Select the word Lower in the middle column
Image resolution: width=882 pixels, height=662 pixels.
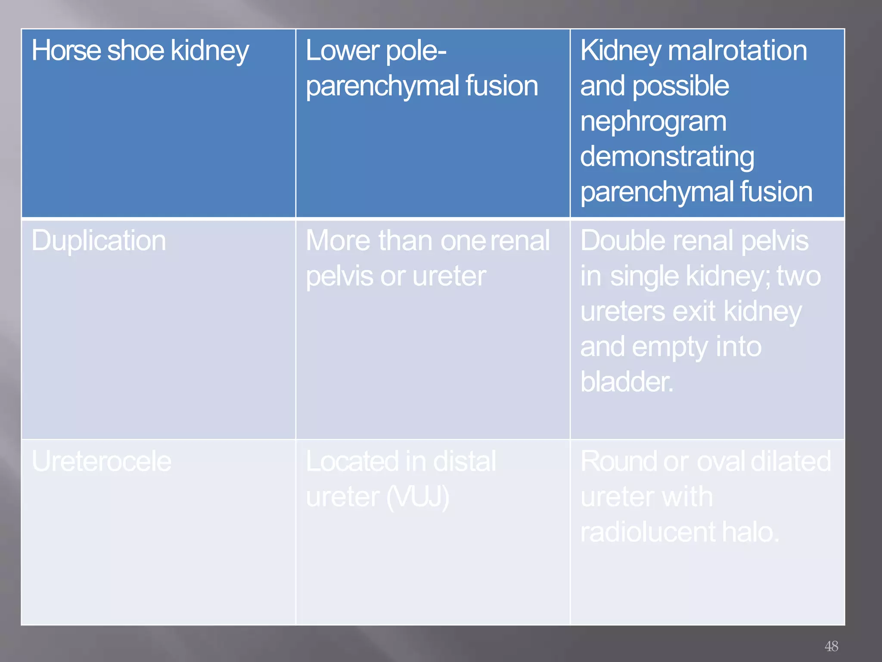pos(342,51)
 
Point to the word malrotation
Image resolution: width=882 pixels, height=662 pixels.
pos(737,51)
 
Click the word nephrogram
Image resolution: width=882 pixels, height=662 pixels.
pos(653,122)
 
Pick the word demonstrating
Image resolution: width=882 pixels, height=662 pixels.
pos(667,156)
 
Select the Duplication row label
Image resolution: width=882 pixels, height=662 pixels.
pos(99,240)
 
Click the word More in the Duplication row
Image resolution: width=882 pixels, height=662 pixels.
pos(338,240)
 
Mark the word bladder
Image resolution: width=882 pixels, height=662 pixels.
pos(626,382)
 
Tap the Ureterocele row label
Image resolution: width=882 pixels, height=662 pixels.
pos(102,462)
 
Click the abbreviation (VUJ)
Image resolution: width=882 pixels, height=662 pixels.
pos(418,497)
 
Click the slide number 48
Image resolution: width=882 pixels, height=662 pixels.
pos(831,646)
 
